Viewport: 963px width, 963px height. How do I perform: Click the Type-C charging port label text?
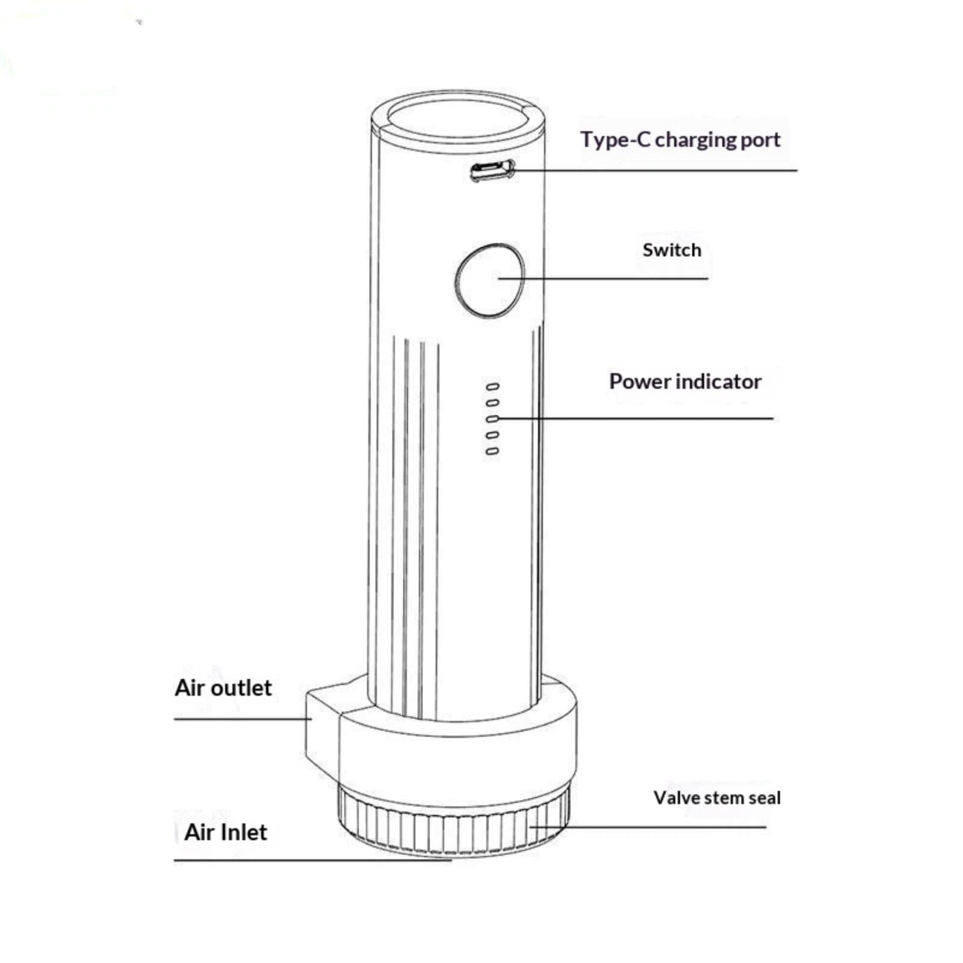680,140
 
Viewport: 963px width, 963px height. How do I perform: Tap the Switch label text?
672,250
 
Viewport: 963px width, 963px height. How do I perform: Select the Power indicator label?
685,382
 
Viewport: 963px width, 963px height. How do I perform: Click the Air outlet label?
223,687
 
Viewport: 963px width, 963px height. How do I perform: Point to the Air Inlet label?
226,832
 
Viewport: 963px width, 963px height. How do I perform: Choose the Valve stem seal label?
717,798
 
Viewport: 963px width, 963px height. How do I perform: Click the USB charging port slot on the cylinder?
492,171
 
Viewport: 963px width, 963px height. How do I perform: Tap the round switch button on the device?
489,280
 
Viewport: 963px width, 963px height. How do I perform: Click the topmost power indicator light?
492,386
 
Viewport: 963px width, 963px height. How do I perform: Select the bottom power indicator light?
492,450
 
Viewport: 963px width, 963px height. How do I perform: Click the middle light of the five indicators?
492,418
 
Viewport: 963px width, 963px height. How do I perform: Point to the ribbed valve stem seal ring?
453,822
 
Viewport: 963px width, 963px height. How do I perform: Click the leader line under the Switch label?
603,279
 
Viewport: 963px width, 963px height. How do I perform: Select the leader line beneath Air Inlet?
313,861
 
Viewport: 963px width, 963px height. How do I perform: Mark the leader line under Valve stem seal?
648,827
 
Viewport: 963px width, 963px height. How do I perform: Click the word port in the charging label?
761,141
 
